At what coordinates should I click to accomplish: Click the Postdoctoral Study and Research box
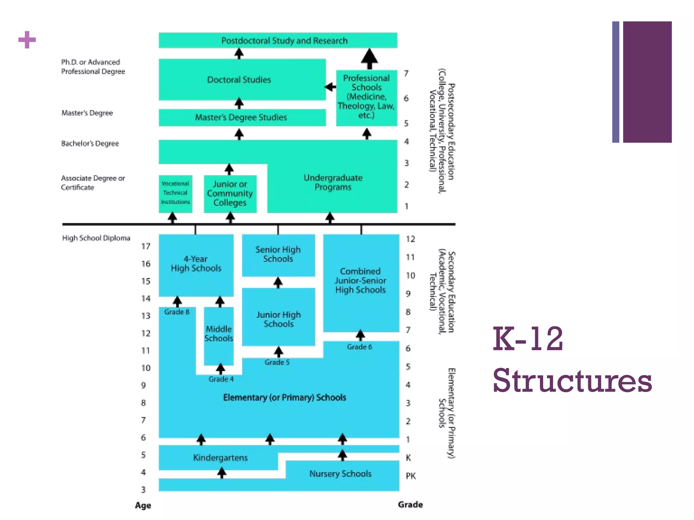tap(278, 40)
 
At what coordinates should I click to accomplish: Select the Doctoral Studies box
tap(239, 80)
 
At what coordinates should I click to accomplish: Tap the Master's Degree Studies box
tap(241, 117)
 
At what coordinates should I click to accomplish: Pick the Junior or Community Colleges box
tap(230, 193)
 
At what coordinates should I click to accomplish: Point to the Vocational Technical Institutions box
tap(175, 193)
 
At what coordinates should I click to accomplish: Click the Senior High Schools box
tap(278, 254)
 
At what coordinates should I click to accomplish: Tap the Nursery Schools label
tap(340, 474)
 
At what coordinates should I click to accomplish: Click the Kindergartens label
tap(220, 458)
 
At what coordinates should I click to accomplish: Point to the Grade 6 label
tap(359, 347)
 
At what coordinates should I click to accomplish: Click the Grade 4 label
tap(221, 379)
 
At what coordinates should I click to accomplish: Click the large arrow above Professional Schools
tap(369, 59)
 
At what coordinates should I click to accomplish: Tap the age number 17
tap(146, 246)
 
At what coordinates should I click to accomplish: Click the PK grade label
tap(410, 476)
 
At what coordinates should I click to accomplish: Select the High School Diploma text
tap(96, 238)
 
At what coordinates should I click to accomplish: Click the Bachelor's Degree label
tap(90, 144)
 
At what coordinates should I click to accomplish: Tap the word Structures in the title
tap(572, 381)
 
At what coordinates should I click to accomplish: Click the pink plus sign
tap(27, 40)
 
